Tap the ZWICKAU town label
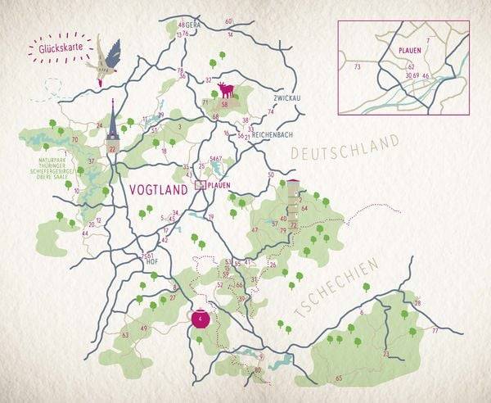click(286, 97)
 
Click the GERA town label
click(193, 25)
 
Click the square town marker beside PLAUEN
click(200, 187)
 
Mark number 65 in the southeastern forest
click(339, 378)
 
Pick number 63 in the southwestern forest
click(125, 335)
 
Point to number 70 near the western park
click(74, 140)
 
